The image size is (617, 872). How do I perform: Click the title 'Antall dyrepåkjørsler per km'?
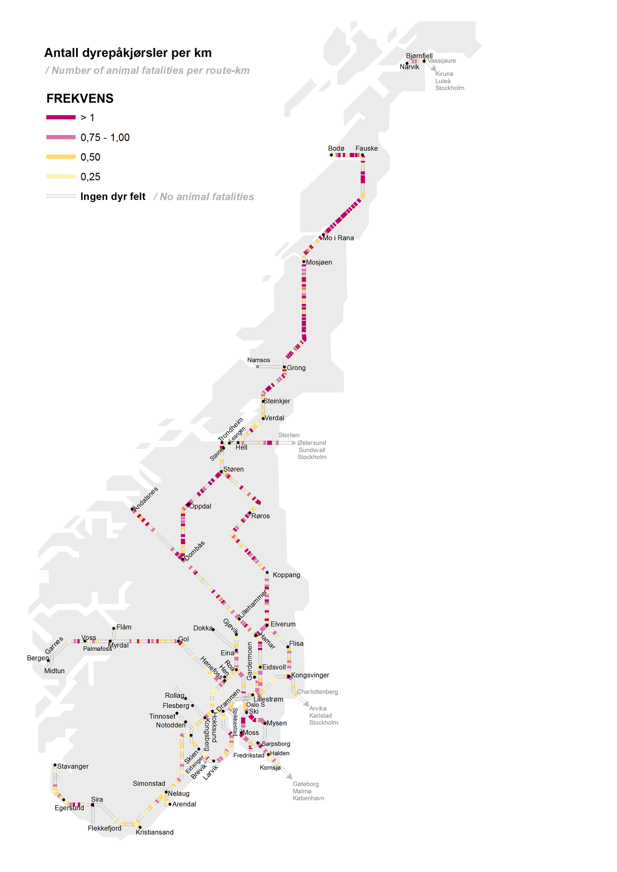(128, 53)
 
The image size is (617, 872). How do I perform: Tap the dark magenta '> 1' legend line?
(61, 117)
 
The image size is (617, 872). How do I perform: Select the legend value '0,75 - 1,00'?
(105, 138)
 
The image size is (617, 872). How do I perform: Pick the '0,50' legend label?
(90, 157)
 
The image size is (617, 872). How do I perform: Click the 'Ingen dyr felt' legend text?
(113, 197)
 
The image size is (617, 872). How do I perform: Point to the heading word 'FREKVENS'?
(80, 99)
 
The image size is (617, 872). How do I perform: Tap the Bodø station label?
(336, 148)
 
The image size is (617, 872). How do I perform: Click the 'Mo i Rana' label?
(338, 238)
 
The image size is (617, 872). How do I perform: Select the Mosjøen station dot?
(304, 262)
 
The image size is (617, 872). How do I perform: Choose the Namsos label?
(258, 360)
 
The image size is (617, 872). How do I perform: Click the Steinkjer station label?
(277, 401)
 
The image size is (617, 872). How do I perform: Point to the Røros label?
(260, 516)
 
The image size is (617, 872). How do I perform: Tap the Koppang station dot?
(267, 573)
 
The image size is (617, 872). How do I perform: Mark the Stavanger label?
(73, 766)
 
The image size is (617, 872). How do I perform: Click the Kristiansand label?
(155, 832)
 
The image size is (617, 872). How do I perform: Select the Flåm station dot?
(114, 628)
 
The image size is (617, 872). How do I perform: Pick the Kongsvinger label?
(310, 675)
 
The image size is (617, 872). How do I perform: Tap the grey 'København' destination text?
(308, 798)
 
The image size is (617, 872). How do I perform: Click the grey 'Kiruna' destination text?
(444, 74)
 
